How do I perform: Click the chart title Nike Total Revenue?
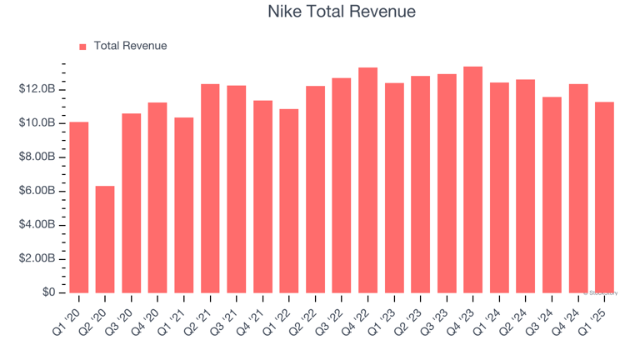(342, 12)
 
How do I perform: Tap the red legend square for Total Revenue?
(82, 47)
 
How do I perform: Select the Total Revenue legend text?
(130, 46)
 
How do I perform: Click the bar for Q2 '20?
(105, 239)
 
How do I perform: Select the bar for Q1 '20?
(79, 207)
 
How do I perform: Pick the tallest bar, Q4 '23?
(472, 180)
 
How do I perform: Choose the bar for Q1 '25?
(604, 197)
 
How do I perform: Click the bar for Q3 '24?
(552, 195)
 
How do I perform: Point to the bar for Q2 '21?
(210, 188)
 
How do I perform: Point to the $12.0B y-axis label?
(37, 89)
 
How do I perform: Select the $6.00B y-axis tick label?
(37, 191)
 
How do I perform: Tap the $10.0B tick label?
(37, 123)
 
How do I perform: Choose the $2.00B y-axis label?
(37, 258)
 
